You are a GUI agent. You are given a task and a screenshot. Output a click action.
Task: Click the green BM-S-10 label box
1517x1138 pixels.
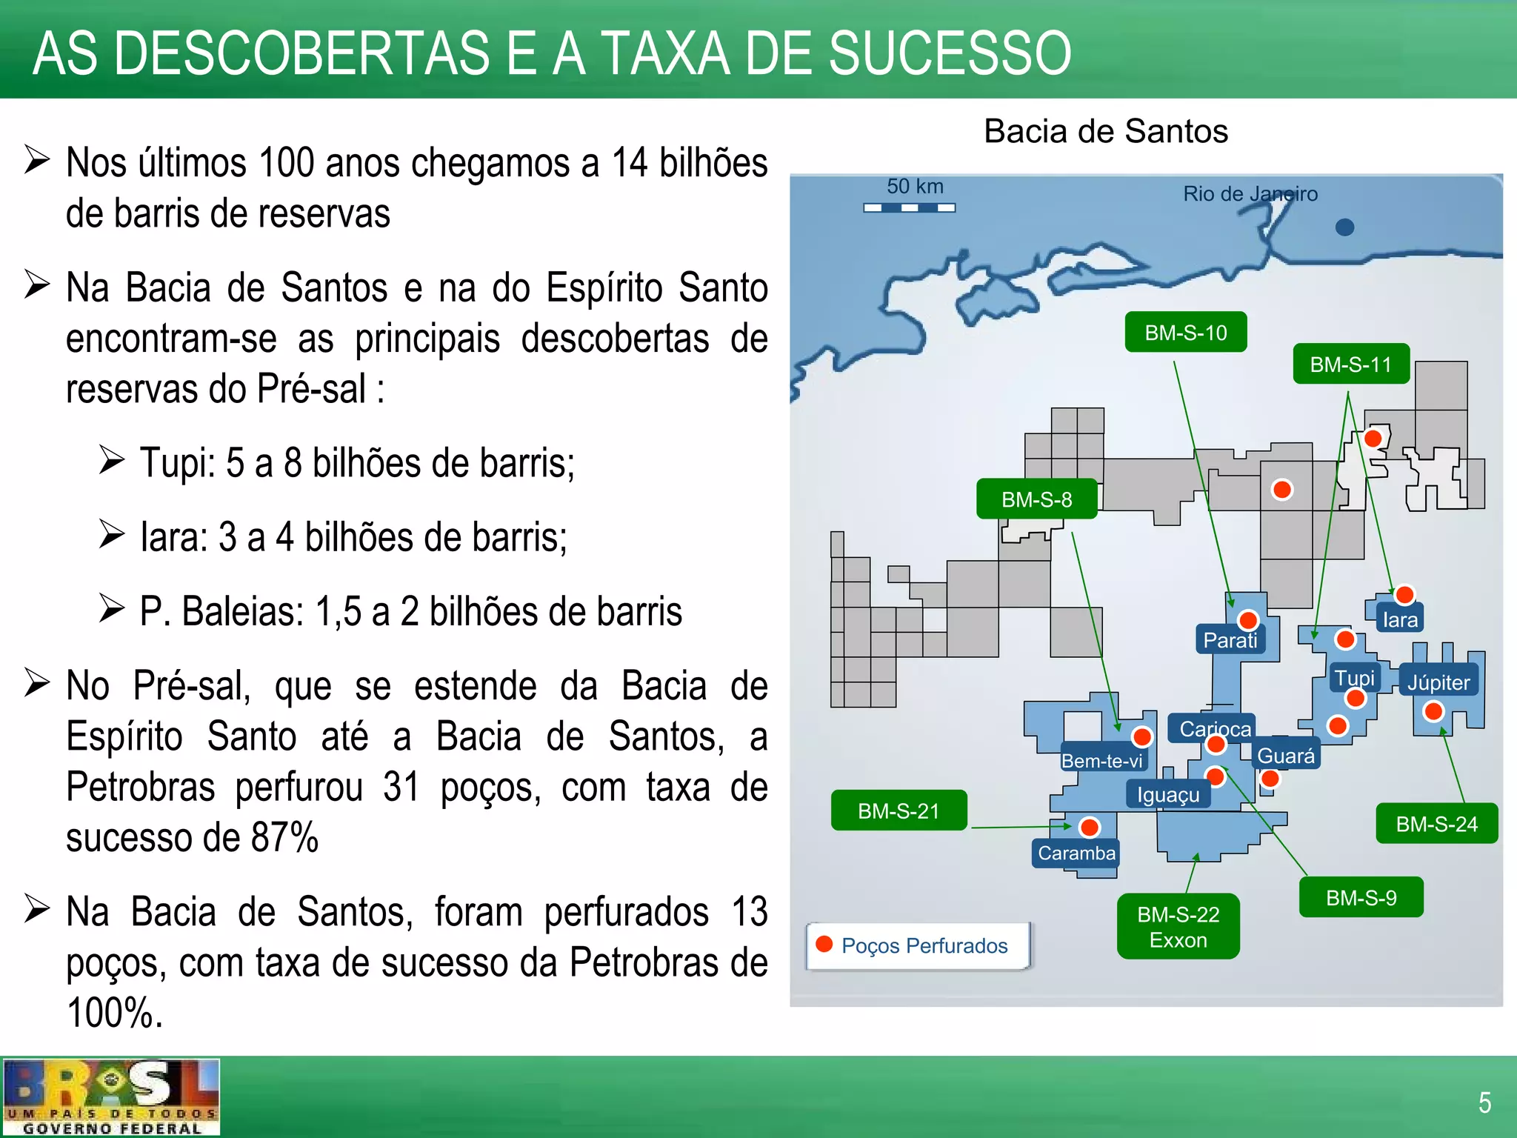pos(1185,333)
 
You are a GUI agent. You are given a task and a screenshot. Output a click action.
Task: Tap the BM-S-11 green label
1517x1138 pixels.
pos(1350,365)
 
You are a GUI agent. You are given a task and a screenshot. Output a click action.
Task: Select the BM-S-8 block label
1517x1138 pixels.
pos(1036,499)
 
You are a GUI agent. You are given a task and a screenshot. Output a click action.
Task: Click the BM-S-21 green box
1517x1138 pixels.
pos(898,811)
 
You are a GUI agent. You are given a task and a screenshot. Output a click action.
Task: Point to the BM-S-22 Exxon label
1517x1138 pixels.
pos(1178,927)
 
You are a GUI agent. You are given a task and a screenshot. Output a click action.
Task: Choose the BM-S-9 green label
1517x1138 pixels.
pos(1361,898)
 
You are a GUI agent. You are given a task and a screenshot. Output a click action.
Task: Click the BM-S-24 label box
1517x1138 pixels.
pos(1436,824)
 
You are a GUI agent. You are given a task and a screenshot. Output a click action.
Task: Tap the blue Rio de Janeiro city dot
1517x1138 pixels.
pos(1344,227)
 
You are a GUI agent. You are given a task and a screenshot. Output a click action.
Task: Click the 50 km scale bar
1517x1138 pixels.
pos(909,208)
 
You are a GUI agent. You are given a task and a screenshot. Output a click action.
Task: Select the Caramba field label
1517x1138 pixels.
pos(1076,853)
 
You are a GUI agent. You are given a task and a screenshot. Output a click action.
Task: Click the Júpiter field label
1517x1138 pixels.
pos(1438,682)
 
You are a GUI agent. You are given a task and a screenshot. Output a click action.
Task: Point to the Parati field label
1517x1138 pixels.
pos(1230,640)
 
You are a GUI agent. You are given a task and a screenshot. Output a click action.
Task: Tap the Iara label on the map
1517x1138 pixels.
pos(1400,620)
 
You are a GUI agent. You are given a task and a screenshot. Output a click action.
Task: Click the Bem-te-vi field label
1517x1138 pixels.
pos(1101,761)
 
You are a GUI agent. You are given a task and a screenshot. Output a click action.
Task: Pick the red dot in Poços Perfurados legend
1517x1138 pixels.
pos(824,944)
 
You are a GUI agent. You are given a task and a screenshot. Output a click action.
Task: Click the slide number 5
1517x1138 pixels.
pos(1484,1102)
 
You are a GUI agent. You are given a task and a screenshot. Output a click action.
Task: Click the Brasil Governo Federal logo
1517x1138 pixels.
pos(111,1097)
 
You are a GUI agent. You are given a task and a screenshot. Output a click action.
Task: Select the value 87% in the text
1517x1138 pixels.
pos(284,838)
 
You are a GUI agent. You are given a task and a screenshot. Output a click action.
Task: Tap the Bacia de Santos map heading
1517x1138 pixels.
pos(1105,132)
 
